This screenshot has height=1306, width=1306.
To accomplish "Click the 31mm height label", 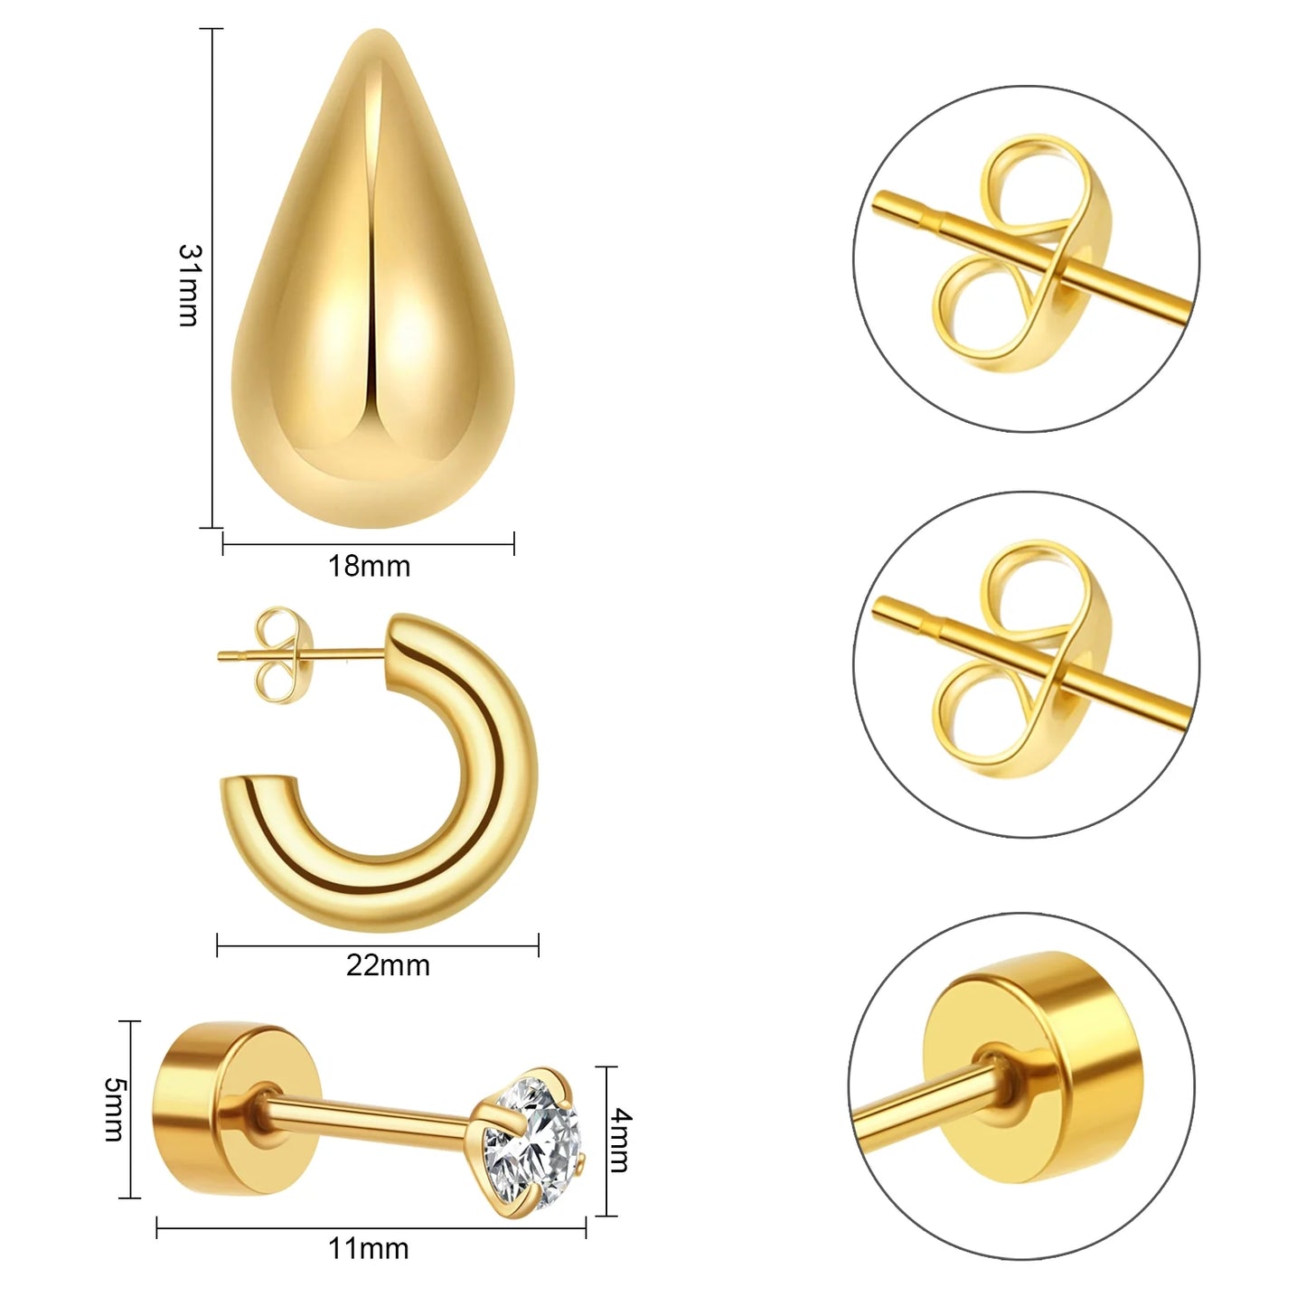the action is tap(188, 286).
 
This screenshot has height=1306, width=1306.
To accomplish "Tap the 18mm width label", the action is tap(370, 567).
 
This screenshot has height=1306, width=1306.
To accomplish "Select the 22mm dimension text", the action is tap(388, 965).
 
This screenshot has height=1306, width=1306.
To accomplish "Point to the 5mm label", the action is tap(114, 1110).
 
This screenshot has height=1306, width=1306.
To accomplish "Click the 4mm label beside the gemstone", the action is tap(619, 1140).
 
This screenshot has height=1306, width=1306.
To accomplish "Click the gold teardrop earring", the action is tap(372, 277).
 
